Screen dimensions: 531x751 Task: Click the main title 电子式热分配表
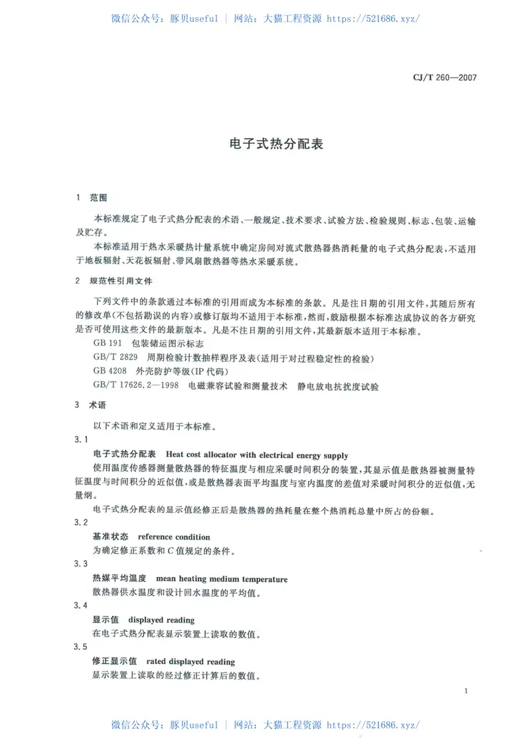click(265, 143)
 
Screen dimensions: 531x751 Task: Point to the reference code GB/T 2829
click(113, 358)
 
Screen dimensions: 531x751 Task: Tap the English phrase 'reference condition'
click(174, 537)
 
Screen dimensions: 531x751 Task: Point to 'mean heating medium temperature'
click(222, 579)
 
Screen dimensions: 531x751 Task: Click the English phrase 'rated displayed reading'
click(190, 661)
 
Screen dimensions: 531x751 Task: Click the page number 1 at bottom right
click(467, 691)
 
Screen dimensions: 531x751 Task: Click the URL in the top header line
click(374, 19)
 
